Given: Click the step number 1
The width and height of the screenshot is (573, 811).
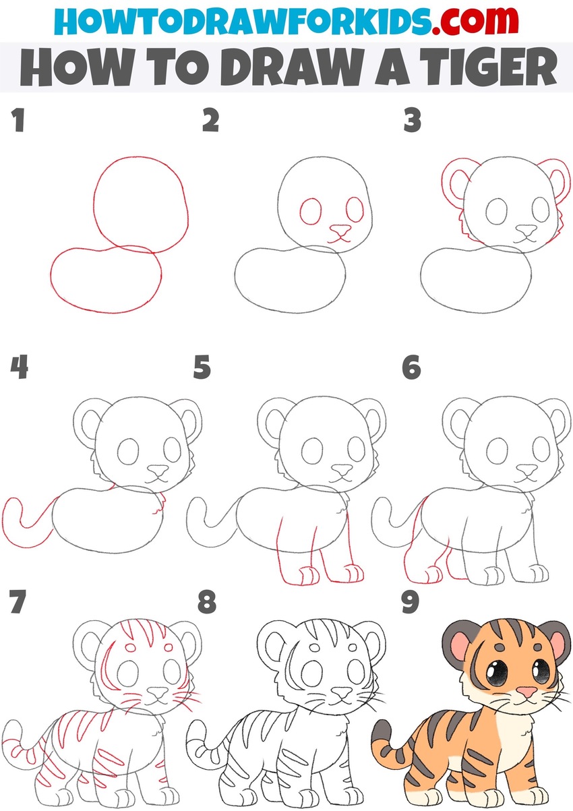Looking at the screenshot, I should point(18,122).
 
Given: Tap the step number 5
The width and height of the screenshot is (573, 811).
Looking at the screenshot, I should point(202,368).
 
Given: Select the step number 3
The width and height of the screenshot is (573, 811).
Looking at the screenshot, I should point(412,122).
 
